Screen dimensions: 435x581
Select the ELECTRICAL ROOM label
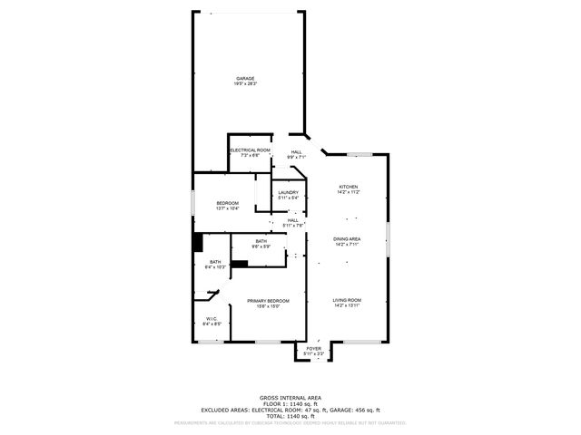point(250,150)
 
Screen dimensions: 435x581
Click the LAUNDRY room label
point(289,192)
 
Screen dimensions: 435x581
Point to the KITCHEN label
point(349,187)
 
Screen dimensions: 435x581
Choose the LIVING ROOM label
point(347,300)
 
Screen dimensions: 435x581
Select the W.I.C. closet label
point(210,318)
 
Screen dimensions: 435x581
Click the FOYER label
point(314,348)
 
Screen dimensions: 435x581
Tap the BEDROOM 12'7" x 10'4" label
point(227,203)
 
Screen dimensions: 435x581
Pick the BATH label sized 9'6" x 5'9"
point(261,241)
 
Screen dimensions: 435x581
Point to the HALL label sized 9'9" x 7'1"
point(297,152)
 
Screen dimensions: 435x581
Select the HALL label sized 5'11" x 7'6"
point(293,220)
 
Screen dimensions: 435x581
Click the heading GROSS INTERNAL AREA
point(290,397)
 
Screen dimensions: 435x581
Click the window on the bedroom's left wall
point(192,203)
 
